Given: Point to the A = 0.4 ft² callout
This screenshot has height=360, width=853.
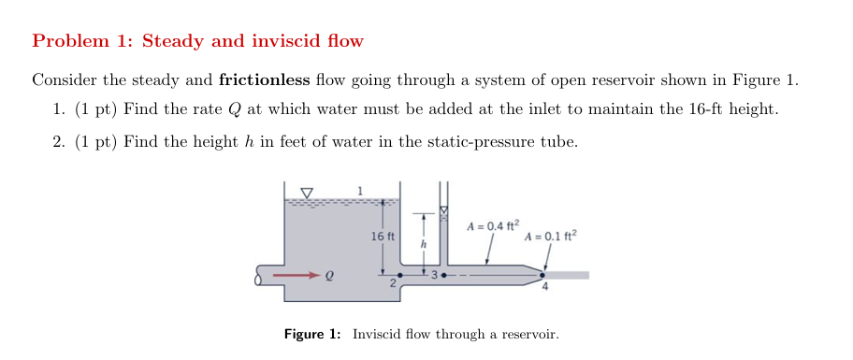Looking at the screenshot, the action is (x=491, y=225).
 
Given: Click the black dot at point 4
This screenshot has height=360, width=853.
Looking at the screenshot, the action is (x=542, y=275).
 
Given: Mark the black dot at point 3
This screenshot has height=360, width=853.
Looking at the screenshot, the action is (x=443, y=276).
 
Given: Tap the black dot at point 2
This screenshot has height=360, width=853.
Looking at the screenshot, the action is (x=401, y=276).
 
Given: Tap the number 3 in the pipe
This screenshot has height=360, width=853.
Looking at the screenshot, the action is (x=434, y=275).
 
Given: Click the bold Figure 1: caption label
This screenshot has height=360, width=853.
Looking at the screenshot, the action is (x=313, y=334).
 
